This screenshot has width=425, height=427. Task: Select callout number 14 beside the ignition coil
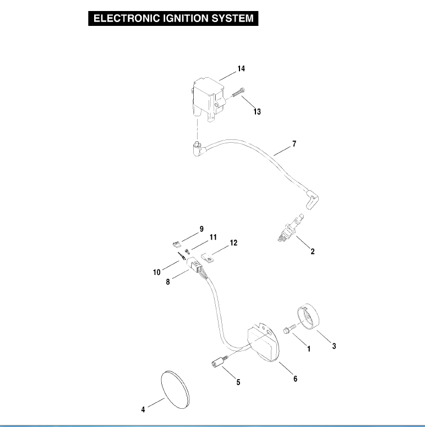coord(241,69)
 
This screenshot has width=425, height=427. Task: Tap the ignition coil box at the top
coord(209,100)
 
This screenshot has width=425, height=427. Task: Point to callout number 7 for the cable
coord(294,143)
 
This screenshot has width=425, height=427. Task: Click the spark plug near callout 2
coord(290,228)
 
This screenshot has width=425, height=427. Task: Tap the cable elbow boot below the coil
coord(199,149)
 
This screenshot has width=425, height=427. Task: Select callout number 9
coord(201,229)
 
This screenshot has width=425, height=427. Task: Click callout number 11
coord(213,237)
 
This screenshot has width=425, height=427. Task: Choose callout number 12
coord(233,242)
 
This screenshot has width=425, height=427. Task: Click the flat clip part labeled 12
coord(208,258)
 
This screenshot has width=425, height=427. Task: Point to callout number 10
coord(157,272)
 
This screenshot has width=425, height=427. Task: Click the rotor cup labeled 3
coord(308,316)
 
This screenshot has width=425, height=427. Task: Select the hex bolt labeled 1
coord(290,329)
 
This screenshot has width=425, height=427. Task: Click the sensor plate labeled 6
coord(263,342)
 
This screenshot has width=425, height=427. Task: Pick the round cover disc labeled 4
coord(175,390)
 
